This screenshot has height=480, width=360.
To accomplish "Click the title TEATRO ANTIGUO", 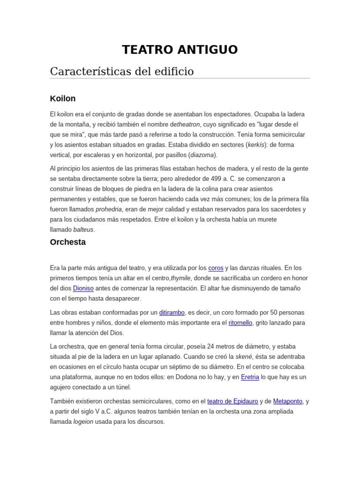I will point(180,50).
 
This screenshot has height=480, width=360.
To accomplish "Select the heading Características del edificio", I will point(121,71).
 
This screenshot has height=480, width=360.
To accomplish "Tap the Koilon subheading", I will point(63,98).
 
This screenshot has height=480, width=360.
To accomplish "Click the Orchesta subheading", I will point(67,242).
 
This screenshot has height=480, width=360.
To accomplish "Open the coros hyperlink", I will point(216,268).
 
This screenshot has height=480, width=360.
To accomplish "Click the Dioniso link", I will point(83,288).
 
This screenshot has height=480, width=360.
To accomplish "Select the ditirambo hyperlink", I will point(172,313).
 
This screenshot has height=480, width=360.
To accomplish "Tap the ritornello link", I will point(240,323).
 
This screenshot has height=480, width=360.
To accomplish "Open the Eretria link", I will point(250,377).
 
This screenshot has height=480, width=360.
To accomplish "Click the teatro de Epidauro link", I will point(232,401).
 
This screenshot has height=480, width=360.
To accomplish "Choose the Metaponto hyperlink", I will point(288,401).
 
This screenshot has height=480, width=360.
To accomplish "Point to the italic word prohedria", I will point(109,209).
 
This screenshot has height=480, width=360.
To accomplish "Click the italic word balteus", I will point(83,230).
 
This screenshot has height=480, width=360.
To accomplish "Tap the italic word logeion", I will point(83,421).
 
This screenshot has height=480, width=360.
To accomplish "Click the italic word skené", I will point(243,357).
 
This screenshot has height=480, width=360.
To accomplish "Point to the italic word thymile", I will point(181,278).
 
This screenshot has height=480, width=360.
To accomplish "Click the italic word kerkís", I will point(255,145).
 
